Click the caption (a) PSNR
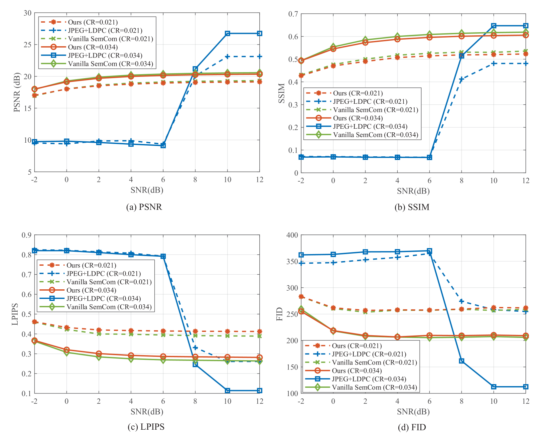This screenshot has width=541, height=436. [144, 207]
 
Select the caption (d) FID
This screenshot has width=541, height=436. [412, 427]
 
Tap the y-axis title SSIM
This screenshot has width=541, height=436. [282, 93]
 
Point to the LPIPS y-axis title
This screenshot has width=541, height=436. [15, 314]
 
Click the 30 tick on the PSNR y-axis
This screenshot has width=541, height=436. [27, 13]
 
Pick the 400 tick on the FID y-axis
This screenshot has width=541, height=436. [292, 235]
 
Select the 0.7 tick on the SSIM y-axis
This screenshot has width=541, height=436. [294, 14]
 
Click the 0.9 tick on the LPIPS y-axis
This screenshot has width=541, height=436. [27, 235]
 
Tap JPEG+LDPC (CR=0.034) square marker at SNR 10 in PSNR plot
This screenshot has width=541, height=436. [227, 34]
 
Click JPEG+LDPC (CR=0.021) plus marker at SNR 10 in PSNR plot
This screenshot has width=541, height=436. [227, 57]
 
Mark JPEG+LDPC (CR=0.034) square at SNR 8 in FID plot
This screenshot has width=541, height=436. [462, 361]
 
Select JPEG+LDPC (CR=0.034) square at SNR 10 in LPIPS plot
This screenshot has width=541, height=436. [227, 390]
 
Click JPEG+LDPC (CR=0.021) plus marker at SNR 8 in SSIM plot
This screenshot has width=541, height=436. [462, 79]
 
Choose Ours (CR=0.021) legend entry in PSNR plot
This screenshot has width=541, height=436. [93, 22]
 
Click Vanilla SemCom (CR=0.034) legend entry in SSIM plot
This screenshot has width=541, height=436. [375, 135]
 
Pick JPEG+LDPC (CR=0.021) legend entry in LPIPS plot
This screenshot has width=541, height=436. [103, 274]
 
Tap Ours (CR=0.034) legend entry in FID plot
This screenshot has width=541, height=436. [356, 371]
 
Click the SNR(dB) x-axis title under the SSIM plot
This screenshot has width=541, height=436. [413, 191]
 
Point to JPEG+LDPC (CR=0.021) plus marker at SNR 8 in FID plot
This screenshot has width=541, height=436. [462, 301]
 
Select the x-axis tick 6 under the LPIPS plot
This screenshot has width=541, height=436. [163, 401]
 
